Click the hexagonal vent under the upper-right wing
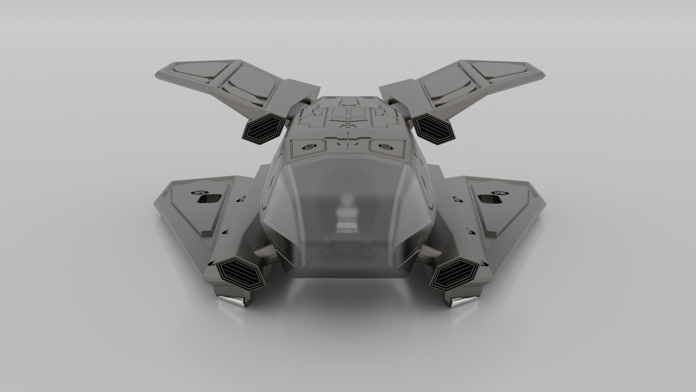point(434,128)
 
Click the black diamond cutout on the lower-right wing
point(486,198)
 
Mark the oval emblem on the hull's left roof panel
point(309,147)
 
